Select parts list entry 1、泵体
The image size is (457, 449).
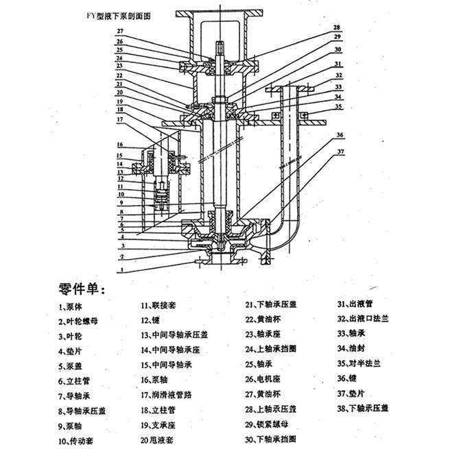(72, 305)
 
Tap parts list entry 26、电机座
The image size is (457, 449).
(263, 379)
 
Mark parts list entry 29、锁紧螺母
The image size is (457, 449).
(268, 424)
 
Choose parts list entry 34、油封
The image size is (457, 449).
(351, 348)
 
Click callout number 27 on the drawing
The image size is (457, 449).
(119, 32)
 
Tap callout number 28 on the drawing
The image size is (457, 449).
(337, 27)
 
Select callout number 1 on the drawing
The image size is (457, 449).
(121, 271)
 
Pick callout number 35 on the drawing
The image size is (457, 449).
(339, 107)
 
